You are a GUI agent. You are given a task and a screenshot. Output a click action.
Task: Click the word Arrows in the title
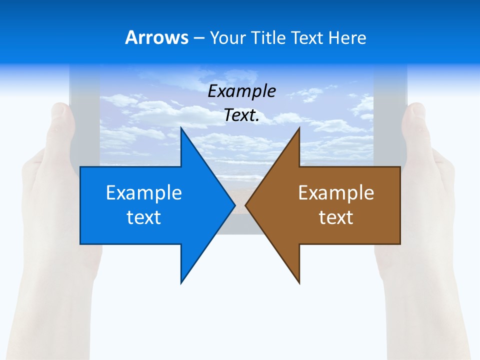156,37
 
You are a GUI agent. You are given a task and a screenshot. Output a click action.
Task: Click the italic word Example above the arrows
242,91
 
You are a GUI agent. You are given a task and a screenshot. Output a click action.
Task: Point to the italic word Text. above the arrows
242,115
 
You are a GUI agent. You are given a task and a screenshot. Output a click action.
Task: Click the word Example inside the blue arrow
144,192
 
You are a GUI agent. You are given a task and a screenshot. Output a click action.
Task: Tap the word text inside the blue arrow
144,217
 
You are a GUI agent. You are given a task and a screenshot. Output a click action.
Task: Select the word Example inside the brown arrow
336,192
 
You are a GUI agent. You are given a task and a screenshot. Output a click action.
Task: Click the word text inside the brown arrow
336,217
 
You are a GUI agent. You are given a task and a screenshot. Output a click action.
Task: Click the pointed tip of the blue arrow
234,205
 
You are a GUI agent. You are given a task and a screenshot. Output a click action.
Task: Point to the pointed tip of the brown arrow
245,205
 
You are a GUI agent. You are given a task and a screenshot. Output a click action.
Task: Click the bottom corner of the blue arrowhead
181,283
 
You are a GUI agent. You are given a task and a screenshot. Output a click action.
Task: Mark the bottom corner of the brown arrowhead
299,283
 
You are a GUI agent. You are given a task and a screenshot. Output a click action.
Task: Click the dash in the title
198,38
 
